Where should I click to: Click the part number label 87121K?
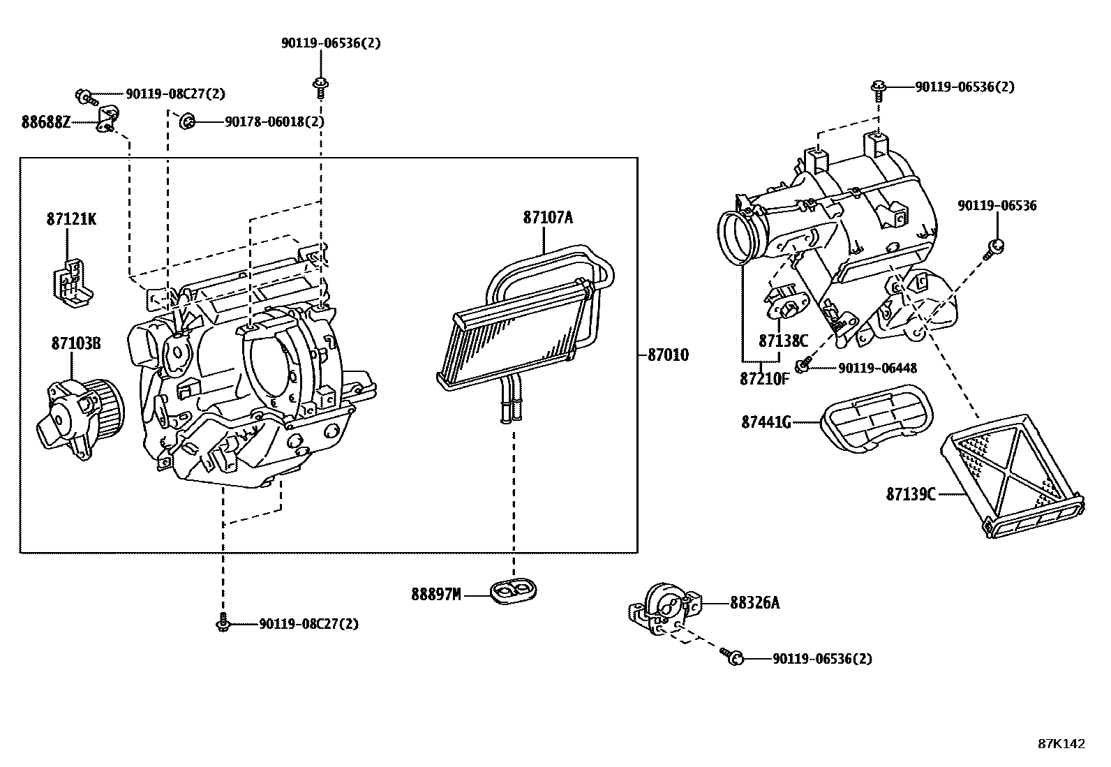pyautogui.click(x=71, y=219)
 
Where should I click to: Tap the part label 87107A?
pyautogui.click(x=548, y=218)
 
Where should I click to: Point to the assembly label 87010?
pyautogui.click(x=668, y=355)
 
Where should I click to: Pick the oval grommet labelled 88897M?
pyautogui.click(x=514, y=593)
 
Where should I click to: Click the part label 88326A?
pyautogui.click(x=754, y=602)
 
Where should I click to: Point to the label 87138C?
pyautogui.click(x=783, y=341)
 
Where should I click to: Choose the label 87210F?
pyautogui.click(x=764, y=378)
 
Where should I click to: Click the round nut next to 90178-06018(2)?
pyautogui.click(x=187, y=121)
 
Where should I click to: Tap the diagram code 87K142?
pyautogui.click(x=1061, y=744)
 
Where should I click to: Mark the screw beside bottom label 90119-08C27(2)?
pyautogui.click(x=223, y=623)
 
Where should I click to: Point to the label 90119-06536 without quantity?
pyautogui.click(x=997, y=206)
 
